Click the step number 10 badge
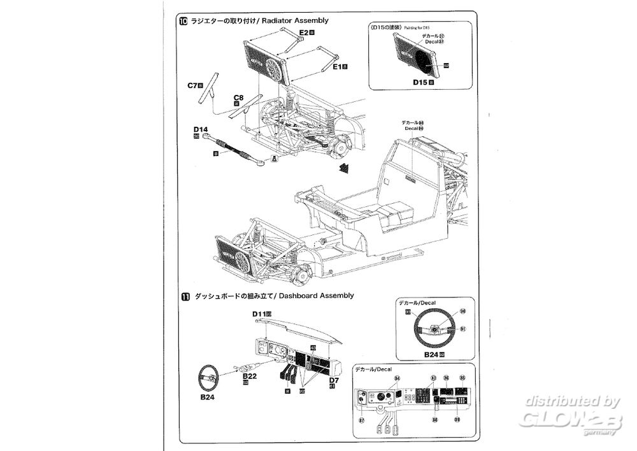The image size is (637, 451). coord(184,21)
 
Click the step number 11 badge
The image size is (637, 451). coord(184,296)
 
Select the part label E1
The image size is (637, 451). coord(338,66)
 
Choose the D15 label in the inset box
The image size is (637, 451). coord(421,82)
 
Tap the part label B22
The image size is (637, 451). coord(248,377)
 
